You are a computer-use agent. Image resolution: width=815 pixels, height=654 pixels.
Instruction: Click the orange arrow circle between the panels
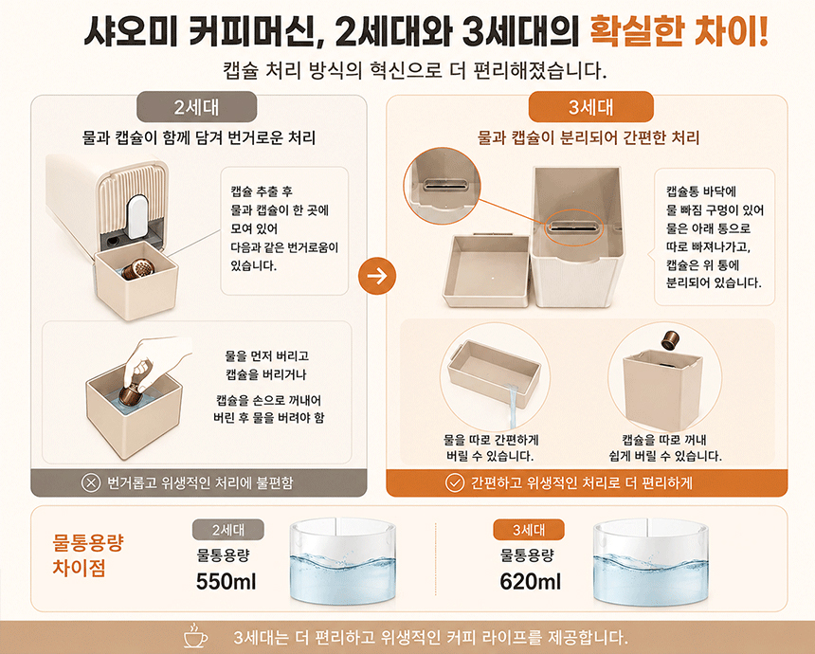pyautogui.click(x=377, y=276)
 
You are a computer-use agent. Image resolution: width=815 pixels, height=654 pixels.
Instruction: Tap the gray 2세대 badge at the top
pyautogui.click(x=196, y=107)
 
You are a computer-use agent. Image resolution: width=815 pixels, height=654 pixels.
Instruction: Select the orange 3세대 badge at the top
pyautogui.click(x=590, y=107)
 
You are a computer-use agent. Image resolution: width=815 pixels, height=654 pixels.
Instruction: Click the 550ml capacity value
pyautogui.click(x=226, y=581)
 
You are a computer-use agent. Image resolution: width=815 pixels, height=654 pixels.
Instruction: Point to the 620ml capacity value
pyautogui.click(x=530, y=581)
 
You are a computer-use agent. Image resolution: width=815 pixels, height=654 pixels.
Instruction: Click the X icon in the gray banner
pyautogui.click(x=91, y=483)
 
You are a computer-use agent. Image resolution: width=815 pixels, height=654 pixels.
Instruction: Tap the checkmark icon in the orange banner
pyautogui.click(x=454, y=483)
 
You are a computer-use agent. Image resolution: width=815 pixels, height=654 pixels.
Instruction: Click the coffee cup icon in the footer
pyautogui.click(x=195, y=635)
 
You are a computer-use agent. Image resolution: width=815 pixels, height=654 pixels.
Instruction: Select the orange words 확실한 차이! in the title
pyautogui.click(x=679, y=31)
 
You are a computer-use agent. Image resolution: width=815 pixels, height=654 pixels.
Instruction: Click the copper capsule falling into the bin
pyautogui.click(x=671, y=340)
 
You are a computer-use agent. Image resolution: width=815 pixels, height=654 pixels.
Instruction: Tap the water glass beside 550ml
pyautogui.click(x=342, y=561)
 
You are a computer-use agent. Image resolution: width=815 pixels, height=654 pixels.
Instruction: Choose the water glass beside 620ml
pyautogui.click(x=650, y=561)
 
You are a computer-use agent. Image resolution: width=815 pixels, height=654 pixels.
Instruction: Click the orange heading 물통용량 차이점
pyautogui.click(x=87, y=555)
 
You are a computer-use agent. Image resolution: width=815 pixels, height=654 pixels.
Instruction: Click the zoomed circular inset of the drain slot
pyautogui.click(x=443, y=186)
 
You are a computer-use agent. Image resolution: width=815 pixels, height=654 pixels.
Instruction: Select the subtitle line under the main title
pyautogui.click(x=415, y=70)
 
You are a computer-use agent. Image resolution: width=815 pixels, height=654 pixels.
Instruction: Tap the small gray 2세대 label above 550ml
pyautogui.click(x=227, y=530)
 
